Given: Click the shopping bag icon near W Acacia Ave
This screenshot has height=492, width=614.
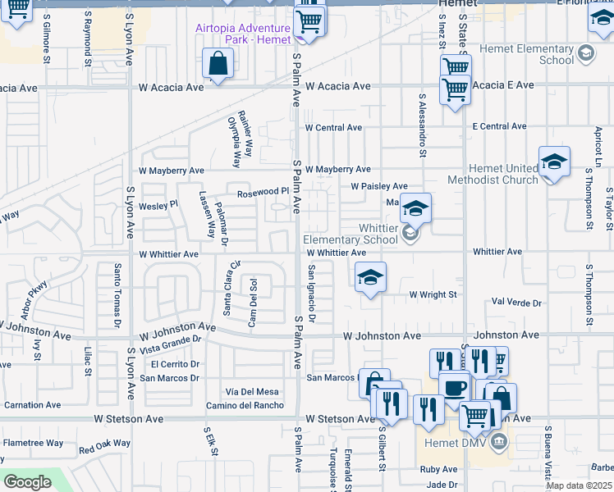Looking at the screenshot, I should [x=218, y=62].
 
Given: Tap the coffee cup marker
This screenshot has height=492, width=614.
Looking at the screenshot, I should [x=454, y=386].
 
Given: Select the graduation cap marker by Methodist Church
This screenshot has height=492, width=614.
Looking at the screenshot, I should [x=554, y=161].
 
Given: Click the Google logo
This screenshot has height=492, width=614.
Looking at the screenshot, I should [x=27, y=482].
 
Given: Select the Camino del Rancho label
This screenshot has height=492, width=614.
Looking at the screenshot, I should [x=245, y=406].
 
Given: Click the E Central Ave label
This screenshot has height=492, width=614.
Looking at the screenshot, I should [x=499, y=126].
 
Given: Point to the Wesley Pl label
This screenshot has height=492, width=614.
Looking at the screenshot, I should [x=158, y=205].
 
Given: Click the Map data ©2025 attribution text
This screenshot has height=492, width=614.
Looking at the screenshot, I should [x=579, y=485].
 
